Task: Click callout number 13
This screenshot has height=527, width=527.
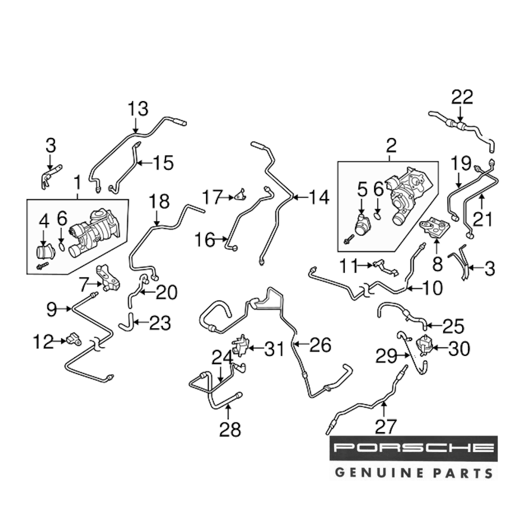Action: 138,110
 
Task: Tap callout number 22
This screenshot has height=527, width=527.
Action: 462,97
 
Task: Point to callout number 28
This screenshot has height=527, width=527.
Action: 229,430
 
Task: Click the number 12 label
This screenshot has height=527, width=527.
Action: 43,343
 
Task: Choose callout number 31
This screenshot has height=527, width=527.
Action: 274,348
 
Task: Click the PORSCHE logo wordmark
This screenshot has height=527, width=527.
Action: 413,448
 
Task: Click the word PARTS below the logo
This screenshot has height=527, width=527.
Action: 461,472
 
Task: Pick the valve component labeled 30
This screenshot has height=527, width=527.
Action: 424,346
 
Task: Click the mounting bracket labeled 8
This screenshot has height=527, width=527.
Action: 435,227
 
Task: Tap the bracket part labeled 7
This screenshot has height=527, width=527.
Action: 108,278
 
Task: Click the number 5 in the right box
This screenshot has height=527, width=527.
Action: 362,189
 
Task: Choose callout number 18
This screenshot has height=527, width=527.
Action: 159,201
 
